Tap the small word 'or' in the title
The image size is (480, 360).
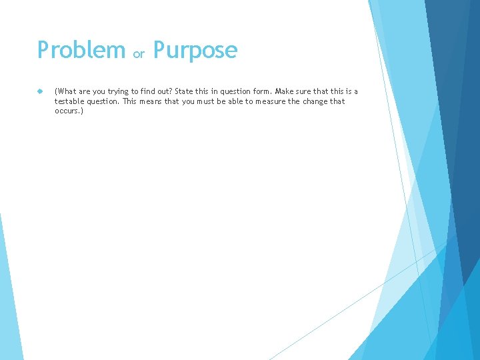click(x=139, y=54)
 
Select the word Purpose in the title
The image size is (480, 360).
click(x=195, y=51)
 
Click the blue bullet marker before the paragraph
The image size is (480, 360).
click(x=41, y=91)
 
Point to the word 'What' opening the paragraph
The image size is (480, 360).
click(x=65, y=91)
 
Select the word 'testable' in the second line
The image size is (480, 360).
click(x=69, y=101)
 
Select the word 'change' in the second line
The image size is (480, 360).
click(x=315, y=101)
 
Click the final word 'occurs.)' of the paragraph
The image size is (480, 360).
click(x=69, y=111)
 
